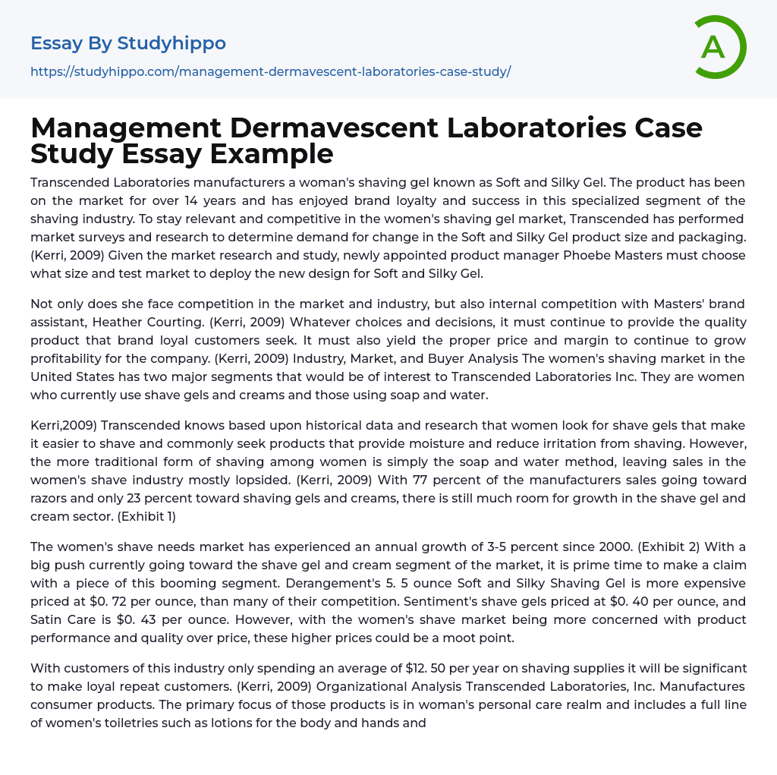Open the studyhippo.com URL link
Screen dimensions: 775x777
coord(270,71)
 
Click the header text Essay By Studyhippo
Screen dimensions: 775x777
coord(128,43)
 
